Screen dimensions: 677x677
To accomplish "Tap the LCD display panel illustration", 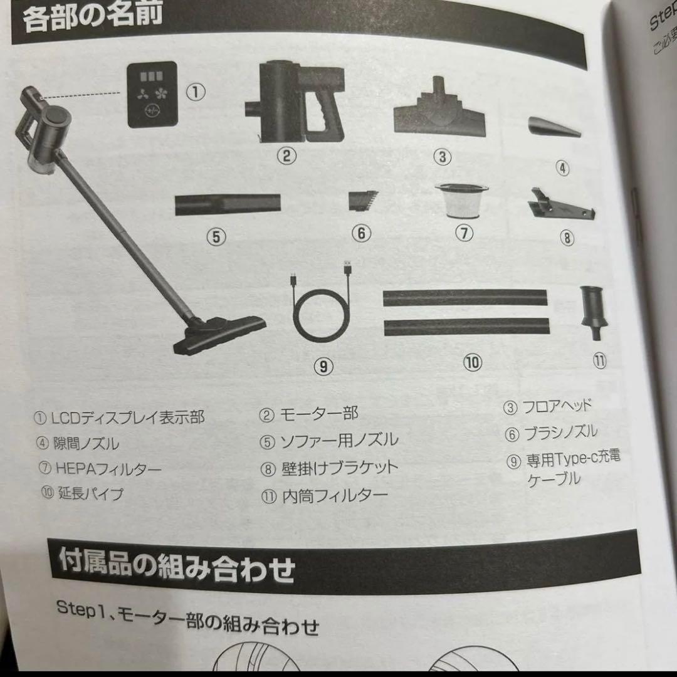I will coord(152,95).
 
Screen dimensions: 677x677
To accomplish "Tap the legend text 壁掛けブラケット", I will coord(338,468).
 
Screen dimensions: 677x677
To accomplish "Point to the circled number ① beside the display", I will coord(196,92).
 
